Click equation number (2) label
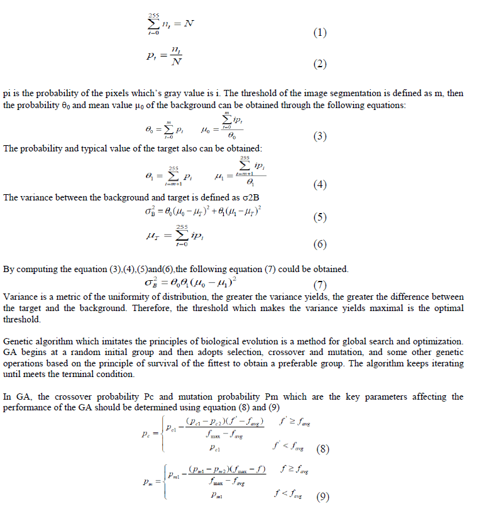[320, 64]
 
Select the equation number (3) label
[319, 136]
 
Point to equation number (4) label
[321, 185]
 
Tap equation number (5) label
[319, 217]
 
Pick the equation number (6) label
[321, 243]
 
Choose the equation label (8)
[322, 449]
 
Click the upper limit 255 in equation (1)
[153, 15]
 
